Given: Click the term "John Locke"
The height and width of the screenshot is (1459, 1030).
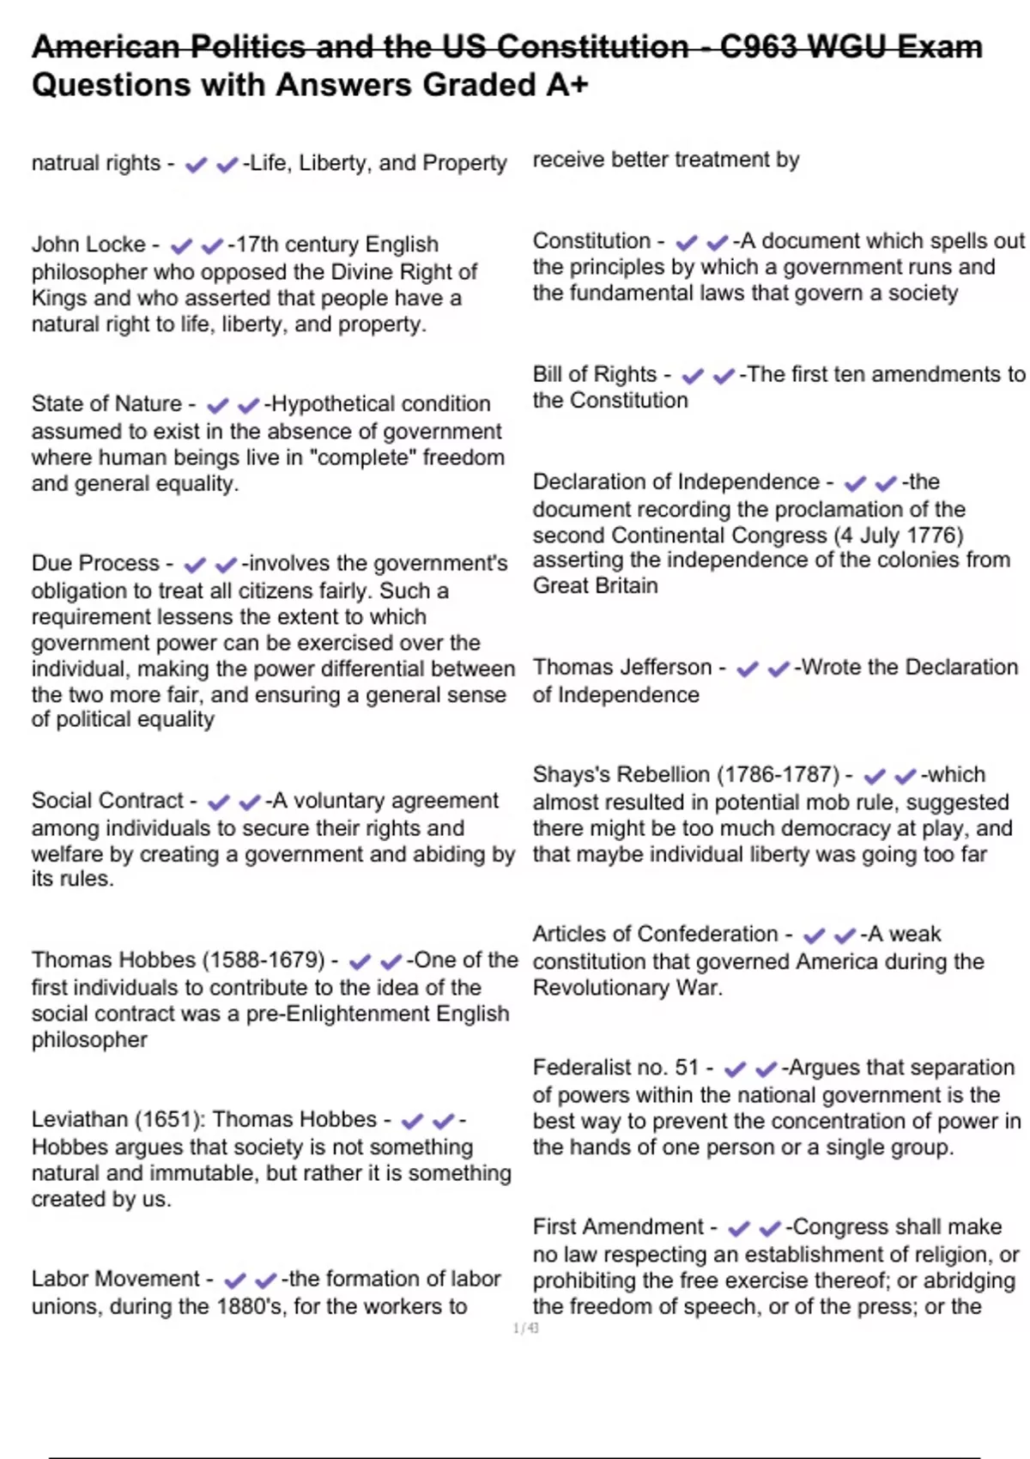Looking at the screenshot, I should pos(88,245).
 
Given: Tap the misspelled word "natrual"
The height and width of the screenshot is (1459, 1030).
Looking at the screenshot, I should pos(62,163).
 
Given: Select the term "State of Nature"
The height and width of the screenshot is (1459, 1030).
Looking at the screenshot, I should pos(106,404).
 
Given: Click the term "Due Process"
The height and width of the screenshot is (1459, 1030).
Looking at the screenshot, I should pos(95,564).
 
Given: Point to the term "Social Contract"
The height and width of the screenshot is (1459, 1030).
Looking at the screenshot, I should pos(107,801).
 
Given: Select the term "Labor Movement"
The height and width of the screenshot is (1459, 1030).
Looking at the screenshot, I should pos(115,1279).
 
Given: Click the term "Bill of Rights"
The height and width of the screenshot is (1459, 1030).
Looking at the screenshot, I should pos(594,374).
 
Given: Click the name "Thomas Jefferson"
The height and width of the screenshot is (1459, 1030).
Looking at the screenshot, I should pos(622,668).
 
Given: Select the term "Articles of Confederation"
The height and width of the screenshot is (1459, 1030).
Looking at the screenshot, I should pos(655,934).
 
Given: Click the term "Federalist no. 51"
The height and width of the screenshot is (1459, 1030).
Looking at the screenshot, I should pos(615,1068).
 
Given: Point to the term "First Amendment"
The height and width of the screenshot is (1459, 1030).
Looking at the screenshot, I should pos(618,1227).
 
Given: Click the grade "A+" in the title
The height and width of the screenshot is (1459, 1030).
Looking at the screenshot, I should pos(567,85).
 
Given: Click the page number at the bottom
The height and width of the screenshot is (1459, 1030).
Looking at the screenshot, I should pos(526,1329).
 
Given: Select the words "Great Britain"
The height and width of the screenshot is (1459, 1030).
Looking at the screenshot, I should pos(595,586).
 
